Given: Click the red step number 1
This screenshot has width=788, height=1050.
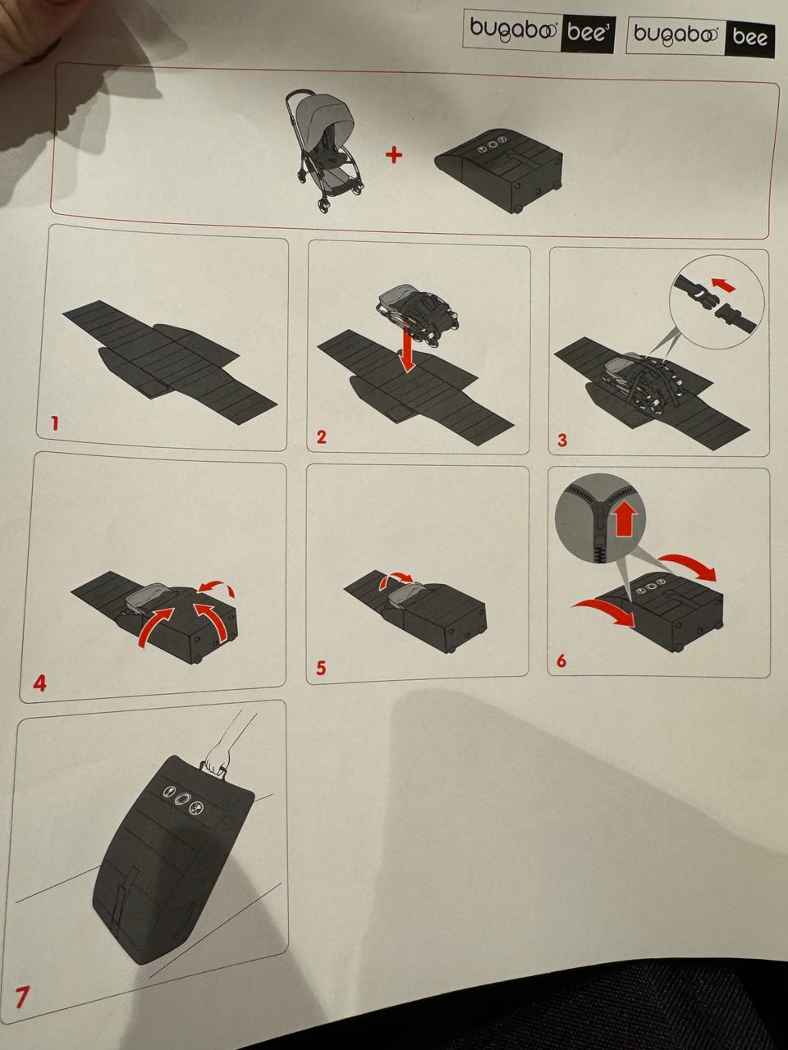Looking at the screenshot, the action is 55,423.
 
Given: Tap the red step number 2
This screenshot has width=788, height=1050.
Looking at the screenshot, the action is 321,436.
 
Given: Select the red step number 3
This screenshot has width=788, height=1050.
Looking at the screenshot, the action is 562,440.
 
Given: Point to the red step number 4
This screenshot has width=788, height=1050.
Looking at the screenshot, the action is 39,683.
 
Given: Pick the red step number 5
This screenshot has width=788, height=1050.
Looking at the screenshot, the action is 321,668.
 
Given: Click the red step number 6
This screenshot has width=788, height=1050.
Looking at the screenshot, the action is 561,660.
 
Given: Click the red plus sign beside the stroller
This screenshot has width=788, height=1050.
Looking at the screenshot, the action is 394,155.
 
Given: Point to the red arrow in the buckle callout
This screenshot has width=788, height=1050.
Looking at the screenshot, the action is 723,285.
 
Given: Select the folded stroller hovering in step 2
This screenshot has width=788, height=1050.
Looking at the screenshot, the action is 417,313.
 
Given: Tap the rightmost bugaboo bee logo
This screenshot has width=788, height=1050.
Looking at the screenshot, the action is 700,36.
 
